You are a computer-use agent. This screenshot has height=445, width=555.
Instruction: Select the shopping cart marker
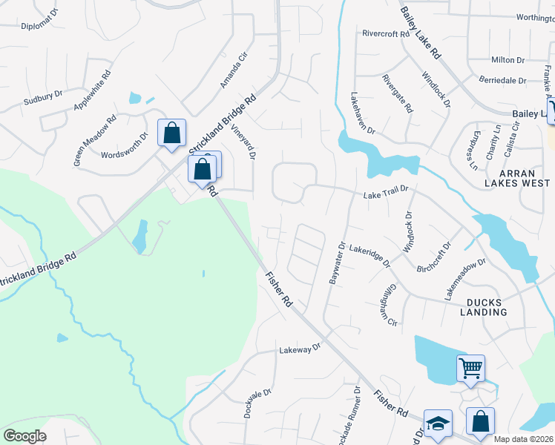[470, 367]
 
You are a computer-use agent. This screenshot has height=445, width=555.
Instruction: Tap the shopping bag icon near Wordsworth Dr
[171, 133]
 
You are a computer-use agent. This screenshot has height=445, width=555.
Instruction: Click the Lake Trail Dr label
[386, 191]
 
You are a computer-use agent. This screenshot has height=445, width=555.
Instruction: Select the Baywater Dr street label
[336, 261]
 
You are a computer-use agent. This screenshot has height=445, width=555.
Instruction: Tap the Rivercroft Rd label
[386, 33]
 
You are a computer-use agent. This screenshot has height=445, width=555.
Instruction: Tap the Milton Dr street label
[508, 60]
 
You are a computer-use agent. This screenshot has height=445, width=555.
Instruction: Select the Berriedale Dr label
[502, 80]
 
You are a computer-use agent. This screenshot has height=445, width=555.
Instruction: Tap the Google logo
[25, 436]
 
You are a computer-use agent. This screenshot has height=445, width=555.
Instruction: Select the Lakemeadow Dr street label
[464, 278]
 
